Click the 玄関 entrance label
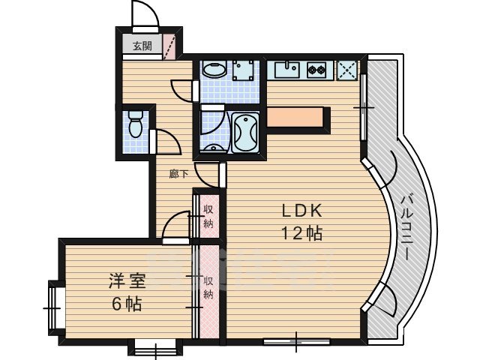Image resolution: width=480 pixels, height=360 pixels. pyautogui.click(x=142, y=46)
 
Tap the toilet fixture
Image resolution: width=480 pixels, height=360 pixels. pyautogui.click(x=136, y=124)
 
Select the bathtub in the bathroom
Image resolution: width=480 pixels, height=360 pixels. pyautogui.click(x=245, y=133)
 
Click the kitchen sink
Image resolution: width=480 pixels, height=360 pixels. pyautogui.click(x=286, y=70)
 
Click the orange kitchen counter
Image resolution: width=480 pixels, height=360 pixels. pyautogui.click(x=298, y=117)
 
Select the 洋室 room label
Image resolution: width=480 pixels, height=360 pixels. pyautogui.click(x=126, y=282)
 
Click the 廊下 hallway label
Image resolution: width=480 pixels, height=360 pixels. pyautogui.click(x=178, y=174)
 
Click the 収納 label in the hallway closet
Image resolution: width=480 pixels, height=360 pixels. pyautogui.click(x=208, y=215)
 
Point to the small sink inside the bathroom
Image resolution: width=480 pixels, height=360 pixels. pyautogui.click(x=214, y=146)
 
